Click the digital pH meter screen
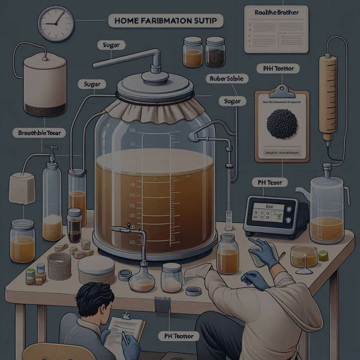pos(269,211)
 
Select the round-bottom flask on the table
pos(143,277)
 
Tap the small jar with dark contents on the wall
pos(215,52)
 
